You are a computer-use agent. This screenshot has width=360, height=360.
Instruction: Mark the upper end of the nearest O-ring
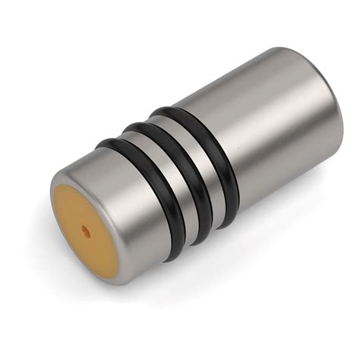coord(103,142)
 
